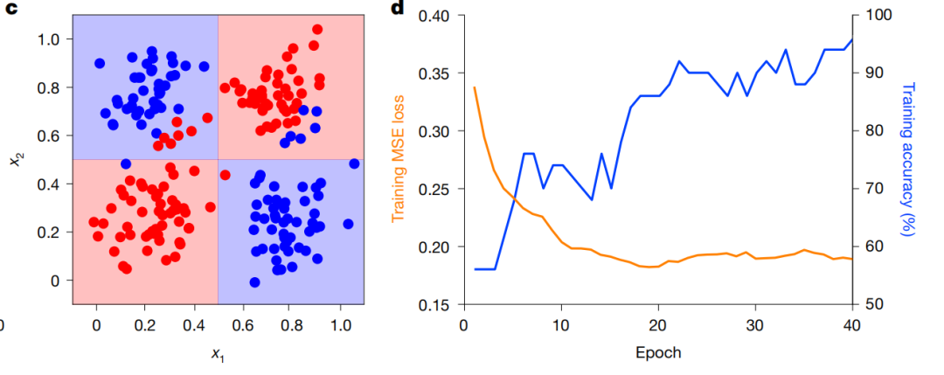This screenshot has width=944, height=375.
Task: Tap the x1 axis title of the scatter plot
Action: (217, 353)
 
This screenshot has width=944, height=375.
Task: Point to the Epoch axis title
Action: (656, 353)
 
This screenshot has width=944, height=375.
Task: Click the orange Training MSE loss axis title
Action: (399, 160)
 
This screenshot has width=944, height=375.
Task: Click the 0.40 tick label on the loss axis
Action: (434, 16)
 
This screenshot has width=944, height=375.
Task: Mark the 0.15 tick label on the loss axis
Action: (434, 304)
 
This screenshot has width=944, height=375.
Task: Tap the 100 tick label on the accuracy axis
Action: (877, 16)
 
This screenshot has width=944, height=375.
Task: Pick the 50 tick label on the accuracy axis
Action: (872, 304)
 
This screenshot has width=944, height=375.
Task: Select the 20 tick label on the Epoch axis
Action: (656, 325)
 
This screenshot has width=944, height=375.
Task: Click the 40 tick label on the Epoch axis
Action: (850, 325)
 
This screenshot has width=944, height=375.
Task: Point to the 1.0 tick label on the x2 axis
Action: (51, 39)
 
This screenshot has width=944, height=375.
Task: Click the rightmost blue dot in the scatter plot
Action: (354, 163)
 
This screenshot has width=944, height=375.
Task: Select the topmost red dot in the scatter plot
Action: (317, 29)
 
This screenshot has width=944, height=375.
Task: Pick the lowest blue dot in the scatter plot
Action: (254, 281)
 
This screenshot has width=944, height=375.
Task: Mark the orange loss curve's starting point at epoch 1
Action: (475, 87)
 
